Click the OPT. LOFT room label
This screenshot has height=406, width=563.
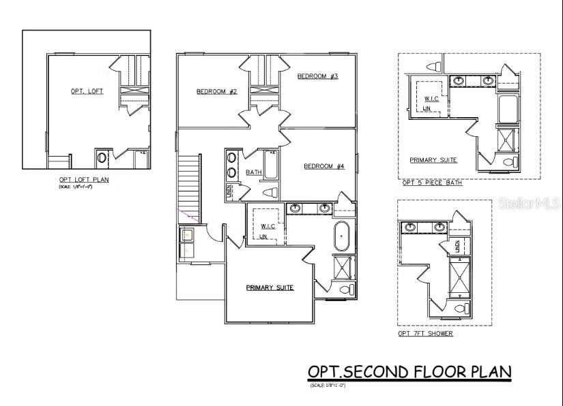(x=87, y=91)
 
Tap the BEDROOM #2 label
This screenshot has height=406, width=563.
(x=216, y=91)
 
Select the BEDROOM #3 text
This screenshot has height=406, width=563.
(x=317, y=76)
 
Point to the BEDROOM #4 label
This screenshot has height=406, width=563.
(x=324, y=166)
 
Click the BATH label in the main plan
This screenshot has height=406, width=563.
(x=254, y=172)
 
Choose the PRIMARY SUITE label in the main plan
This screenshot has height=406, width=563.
(x=270, y=287)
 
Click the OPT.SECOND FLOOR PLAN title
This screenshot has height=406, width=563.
(x=409, y=371)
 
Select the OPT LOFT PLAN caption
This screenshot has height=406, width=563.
(x=83, y=180)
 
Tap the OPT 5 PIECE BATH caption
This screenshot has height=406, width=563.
(x=432, y=183)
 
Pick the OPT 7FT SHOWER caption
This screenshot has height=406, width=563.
(x=426, y=334)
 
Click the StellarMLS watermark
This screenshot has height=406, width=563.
(x=536, y=202)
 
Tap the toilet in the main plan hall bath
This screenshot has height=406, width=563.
(x=270, y=192)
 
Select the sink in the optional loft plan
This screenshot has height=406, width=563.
(x=102, y=158)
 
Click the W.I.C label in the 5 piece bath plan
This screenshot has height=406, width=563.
(x=431, y=98)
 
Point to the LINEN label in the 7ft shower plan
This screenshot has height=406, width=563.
(x=457, y=247)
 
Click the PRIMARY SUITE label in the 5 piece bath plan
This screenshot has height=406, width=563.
(x=433, y=160)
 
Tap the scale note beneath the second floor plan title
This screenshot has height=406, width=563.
(x=328, y=386)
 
